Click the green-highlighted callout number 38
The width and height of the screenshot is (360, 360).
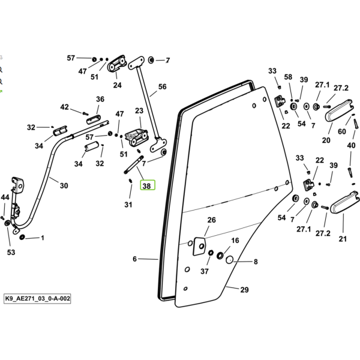pos(148,185)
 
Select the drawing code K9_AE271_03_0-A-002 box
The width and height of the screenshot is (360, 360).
pos(37,298)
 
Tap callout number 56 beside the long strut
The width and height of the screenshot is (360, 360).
pos(163,87)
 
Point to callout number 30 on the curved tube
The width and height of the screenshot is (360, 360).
pos(64,185)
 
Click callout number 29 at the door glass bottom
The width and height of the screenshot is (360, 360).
pos(245,290)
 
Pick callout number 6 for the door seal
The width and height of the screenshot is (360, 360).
pos(135,259)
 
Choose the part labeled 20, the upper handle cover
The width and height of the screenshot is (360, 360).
pos(339,110)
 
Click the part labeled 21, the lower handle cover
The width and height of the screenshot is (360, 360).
pos(344,202)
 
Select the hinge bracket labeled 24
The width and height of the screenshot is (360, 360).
pos(116,63)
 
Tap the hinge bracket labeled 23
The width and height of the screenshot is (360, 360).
pos(136,137)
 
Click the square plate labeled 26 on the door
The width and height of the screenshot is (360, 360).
pos(199,247)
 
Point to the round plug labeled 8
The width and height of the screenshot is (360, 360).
pos(229,260)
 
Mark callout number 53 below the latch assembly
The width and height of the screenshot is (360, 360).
pos(11,253)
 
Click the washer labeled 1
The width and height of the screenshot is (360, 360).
pos(22,237)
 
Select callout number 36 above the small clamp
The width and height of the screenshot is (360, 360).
pos(100,99)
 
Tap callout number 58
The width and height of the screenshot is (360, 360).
pos(288,77)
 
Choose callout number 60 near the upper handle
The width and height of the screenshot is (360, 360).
pos(342,131)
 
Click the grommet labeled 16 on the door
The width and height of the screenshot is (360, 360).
pos(220,255)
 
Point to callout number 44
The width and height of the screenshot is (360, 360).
pos(5,197)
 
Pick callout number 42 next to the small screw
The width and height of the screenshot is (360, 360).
pos(65,107)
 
